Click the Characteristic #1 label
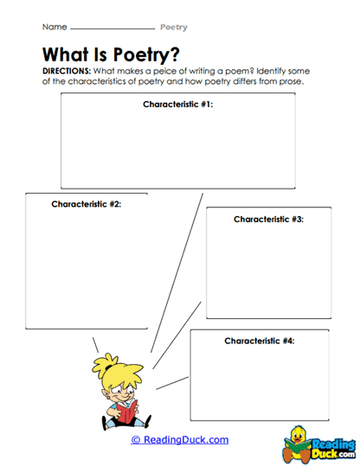tap(177, 104)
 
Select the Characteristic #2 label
tap(86, 205)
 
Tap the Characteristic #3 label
tap(268, 220)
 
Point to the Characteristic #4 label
tap(259, 341)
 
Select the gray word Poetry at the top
tap(173, 28)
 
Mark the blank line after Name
tap(112, 30)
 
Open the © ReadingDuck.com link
tap(180, 440)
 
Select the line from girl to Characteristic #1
tap(177, 268)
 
